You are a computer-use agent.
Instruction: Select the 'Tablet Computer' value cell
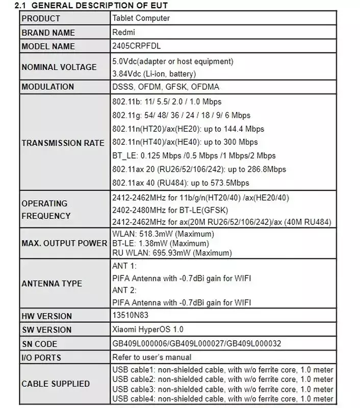(141, 18)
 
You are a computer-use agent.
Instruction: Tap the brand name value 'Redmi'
(122, 32)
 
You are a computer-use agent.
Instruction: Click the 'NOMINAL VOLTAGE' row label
(59, 67)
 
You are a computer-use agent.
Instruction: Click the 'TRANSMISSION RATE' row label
(63, 143)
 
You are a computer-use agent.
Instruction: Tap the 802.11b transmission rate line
(166, 102)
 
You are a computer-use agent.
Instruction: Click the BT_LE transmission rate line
(193, 156)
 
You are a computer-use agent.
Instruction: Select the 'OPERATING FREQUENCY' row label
(46, 210)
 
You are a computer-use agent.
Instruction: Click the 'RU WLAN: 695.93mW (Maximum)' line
(172, 252)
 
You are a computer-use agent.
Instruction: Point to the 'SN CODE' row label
(39, 344)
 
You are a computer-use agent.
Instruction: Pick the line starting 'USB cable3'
(222, 389)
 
